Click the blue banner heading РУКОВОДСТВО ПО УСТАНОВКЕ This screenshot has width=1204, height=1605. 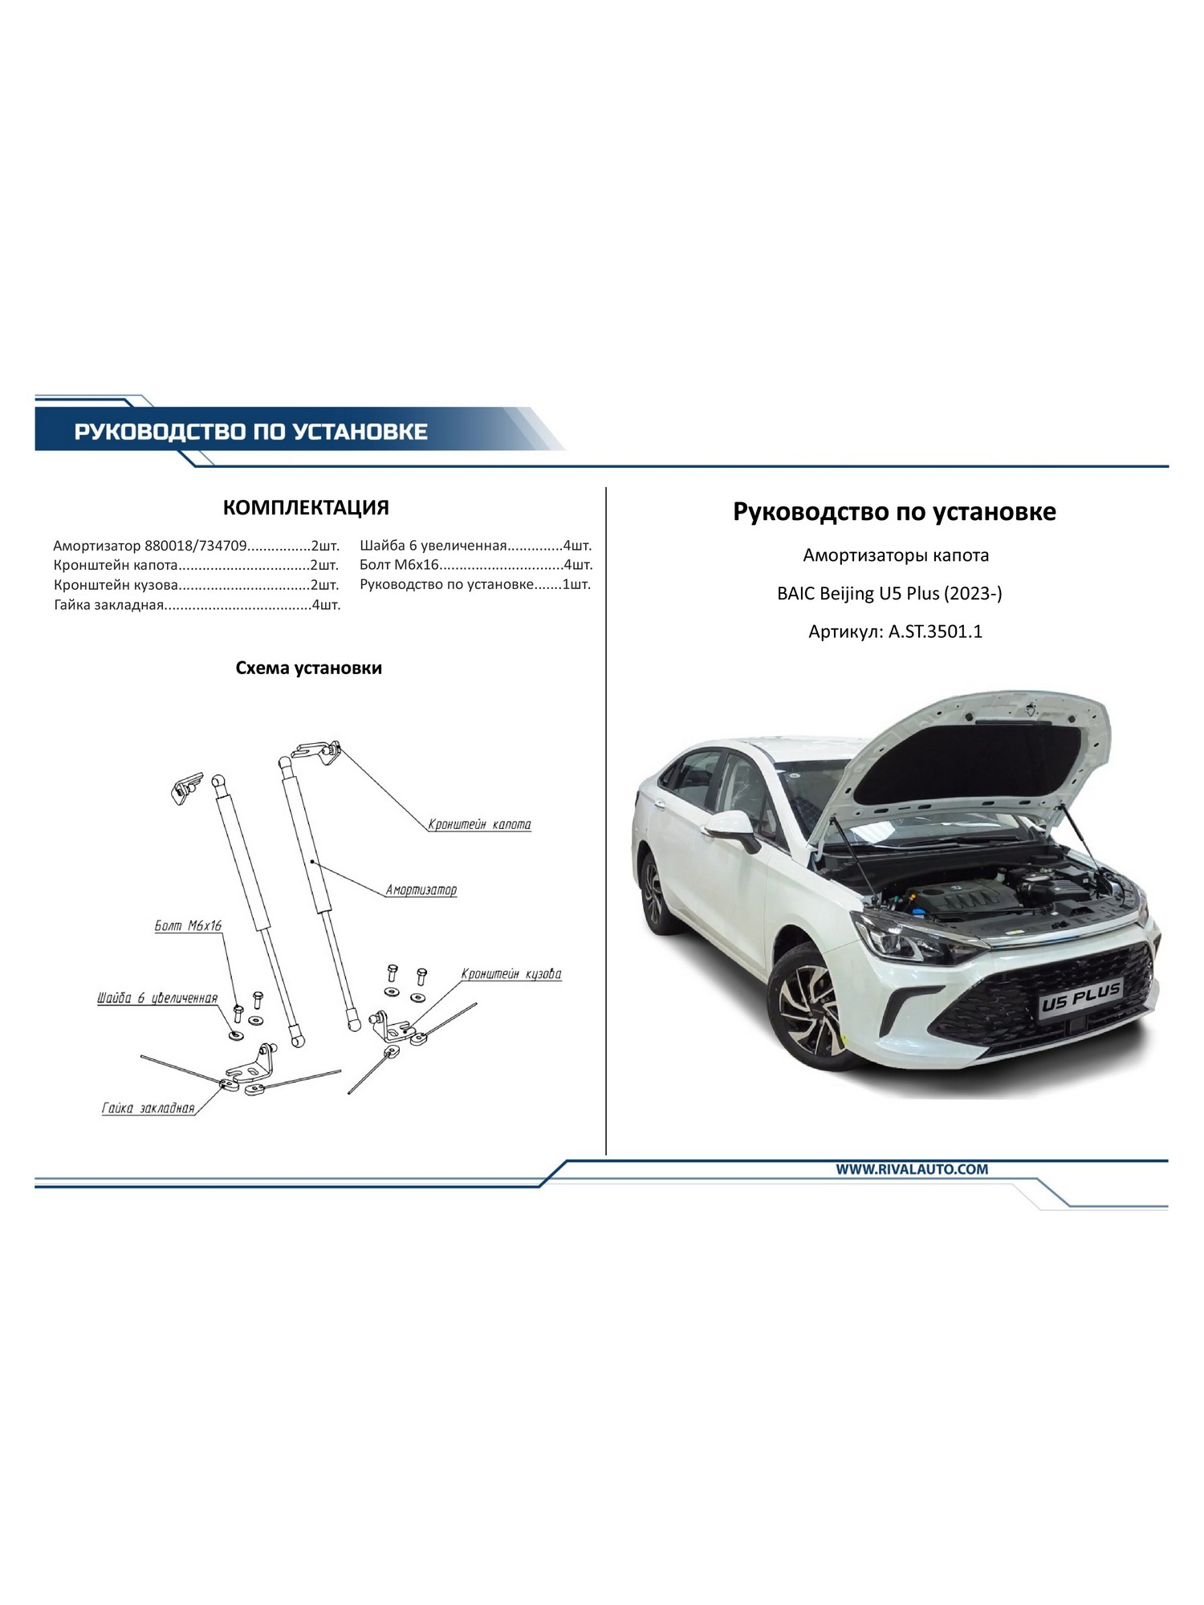250,432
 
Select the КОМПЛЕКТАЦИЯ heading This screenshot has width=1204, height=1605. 306,507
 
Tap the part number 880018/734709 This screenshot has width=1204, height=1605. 195,546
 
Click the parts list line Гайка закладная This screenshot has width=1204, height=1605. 197,605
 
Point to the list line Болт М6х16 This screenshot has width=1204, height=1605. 476,565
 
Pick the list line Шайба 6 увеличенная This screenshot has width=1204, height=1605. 476,546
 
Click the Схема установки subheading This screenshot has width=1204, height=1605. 309,668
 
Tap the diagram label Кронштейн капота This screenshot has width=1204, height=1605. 479,824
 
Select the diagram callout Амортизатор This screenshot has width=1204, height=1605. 421,890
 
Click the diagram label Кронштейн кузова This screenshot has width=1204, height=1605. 511,974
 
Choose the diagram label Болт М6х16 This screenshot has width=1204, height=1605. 188,926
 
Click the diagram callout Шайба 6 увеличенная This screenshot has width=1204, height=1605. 157,998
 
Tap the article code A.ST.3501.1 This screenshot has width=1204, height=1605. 935,632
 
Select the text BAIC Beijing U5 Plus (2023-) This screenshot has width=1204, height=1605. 889,594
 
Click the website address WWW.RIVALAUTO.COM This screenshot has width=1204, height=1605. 912,1169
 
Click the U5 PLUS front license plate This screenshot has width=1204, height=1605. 1081,1001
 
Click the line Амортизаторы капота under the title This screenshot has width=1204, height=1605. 896,555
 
